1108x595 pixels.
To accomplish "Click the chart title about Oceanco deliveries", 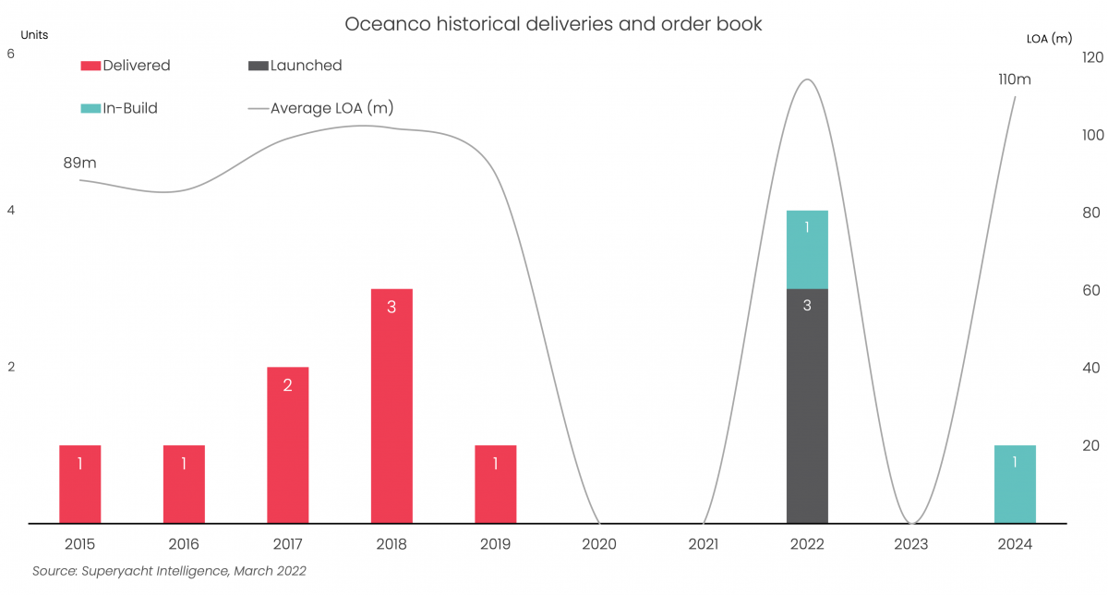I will click(553, 24).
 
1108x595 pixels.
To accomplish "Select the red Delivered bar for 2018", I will click(391, 406).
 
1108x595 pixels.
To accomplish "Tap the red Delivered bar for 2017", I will click(287, 444).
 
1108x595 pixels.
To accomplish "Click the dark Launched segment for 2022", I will click(807, 406).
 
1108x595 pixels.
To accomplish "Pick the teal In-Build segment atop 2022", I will click(807, 249).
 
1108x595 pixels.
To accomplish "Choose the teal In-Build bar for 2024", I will click(1015, 484).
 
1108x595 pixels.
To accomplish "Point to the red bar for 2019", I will click(496, 484).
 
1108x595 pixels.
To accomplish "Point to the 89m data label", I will click(79, 164).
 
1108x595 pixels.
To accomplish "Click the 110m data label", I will click(1015, 79).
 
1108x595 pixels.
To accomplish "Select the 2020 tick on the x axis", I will click(599, 544).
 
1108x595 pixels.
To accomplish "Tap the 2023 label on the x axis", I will click(911, 544).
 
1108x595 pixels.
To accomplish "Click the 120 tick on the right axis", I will click(1093, 57).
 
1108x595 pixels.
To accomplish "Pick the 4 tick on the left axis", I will click(11, 211).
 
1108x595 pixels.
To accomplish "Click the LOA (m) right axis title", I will click(1049, 39).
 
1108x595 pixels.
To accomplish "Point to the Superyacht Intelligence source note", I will click(169, 571).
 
